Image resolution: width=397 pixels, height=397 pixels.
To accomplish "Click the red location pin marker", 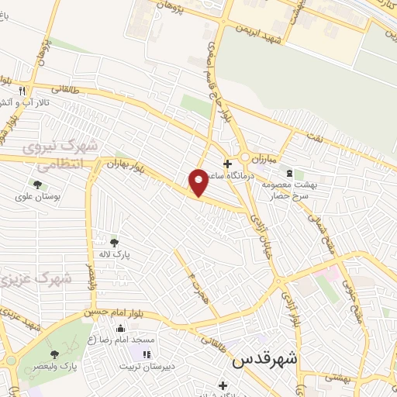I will point(199,181).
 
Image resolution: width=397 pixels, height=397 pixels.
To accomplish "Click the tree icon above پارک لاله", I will point(115,242).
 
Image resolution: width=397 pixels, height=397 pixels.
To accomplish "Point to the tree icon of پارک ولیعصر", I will point(54,354).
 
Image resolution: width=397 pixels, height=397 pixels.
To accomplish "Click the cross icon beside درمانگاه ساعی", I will point(227,164).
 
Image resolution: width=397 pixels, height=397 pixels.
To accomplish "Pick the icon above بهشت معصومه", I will point(289,172).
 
